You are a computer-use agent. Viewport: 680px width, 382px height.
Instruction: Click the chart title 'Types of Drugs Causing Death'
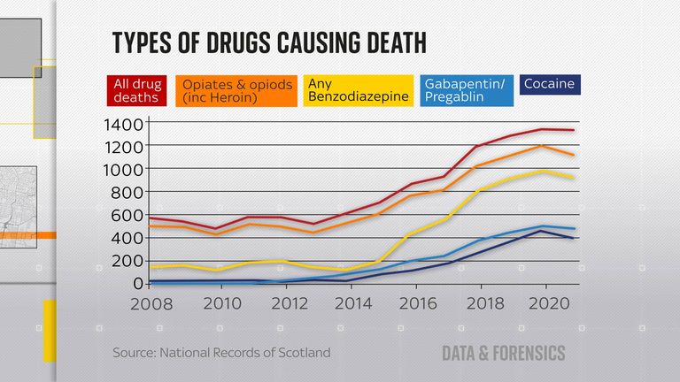click(x=268, y=42)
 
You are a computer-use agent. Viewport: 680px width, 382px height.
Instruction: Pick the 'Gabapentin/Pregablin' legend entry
click(x=466, y=90)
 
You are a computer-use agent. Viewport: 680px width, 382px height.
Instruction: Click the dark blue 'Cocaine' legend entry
click(x=550, y=85)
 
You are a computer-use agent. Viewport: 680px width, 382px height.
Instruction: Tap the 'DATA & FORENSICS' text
click(x=503, y=354)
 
